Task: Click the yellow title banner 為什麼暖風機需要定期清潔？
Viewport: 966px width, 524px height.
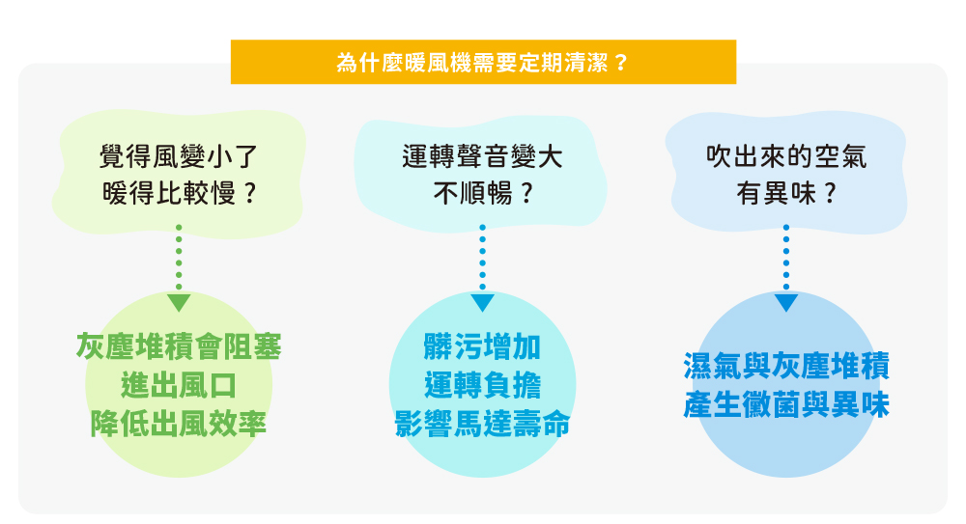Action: point(483,63)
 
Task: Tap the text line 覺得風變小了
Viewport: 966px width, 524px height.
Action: point(179,156)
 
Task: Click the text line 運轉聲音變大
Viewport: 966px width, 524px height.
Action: point(482,156)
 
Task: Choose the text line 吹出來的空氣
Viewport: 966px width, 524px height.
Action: point(786,156)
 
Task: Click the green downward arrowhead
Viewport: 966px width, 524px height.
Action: point(179,302)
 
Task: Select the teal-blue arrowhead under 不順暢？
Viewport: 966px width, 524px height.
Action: point(483,302)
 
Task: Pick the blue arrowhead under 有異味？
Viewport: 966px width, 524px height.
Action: point(786,302)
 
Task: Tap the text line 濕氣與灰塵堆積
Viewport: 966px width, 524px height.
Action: point(786,367)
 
